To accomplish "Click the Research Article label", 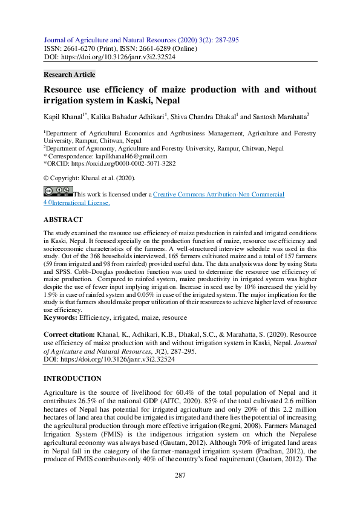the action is click(x=70, y=74).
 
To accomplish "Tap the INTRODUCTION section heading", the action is click(x=72, y=378).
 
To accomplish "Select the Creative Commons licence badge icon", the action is click(x=58, y=192).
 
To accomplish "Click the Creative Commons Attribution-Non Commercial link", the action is click(x=218, y=195).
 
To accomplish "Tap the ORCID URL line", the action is click(x=109, y=164).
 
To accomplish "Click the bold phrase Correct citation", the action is click(x=68, y=334).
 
